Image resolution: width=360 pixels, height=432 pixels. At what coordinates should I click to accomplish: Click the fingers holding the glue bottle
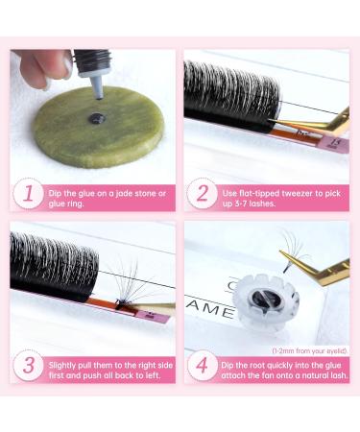[38, 65]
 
